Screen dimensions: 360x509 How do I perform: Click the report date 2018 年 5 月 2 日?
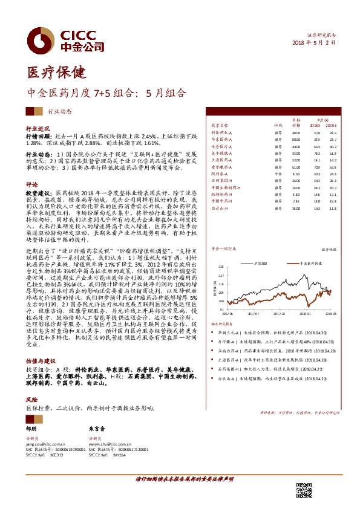[x=313, y=44]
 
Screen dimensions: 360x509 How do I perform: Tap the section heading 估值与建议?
[x=39, y=359]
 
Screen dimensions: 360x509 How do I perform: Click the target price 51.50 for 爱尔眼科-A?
[x=296, y=167]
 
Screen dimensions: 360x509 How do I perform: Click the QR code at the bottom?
[x=303, y=491]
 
